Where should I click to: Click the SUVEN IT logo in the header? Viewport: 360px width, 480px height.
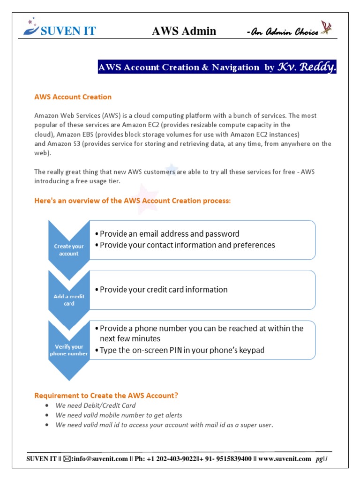60,30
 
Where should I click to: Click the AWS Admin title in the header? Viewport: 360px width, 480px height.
184,31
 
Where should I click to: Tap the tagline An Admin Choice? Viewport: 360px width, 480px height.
282,32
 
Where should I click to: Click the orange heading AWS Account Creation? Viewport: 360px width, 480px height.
73,97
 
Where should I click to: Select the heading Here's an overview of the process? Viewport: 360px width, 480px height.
133,201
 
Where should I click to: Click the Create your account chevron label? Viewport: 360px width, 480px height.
69,250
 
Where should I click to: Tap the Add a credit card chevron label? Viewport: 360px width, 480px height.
69,300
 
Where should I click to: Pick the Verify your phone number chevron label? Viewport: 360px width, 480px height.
69,350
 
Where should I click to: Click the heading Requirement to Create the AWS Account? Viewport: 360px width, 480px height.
106,396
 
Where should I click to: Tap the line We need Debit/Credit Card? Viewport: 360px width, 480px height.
96,405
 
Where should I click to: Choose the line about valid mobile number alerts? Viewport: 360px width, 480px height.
119,415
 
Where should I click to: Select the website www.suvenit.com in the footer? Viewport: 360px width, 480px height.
284,459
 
